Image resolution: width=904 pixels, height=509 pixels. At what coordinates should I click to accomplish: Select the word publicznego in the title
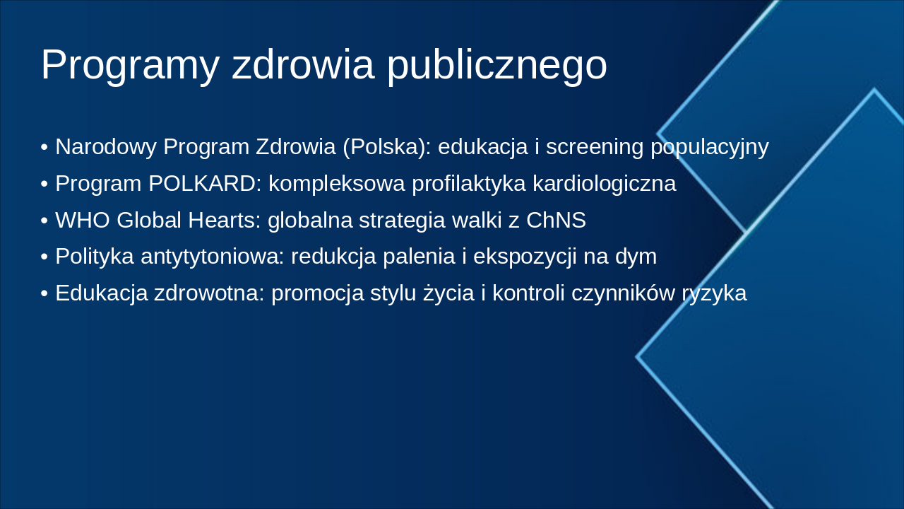496,65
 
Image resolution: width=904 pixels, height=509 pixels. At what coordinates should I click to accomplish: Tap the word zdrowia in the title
303,65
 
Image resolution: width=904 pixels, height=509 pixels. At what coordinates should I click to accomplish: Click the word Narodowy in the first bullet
106,147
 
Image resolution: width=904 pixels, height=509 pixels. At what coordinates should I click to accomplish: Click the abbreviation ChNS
556,221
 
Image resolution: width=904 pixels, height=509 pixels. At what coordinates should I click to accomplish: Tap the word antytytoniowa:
212,257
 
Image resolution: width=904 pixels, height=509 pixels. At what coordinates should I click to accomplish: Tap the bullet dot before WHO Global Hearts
44,221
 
